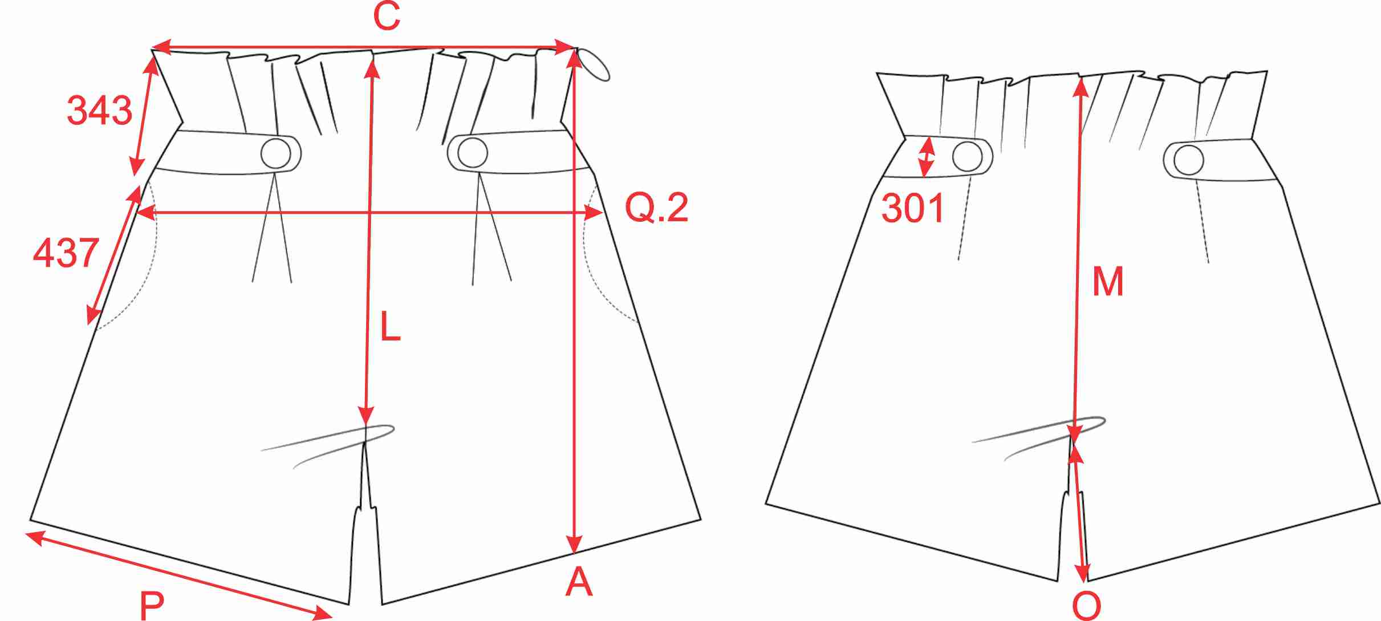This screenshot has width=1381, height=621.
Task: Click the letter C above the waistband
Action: pyautogui.click(x=387, y=17)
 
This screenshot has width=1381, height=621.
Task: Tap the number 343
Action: pyautogui.click(x=100, y=110)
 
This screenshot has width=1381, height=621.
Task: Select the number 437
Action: pyautogui.click(x=66, y=253)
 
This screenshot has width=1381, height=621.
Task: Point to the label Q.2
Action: pyautogui.click(x=657, y=207)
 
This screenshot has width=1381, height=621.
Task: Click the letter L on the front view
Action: pyautogui.click(x=391, y=327)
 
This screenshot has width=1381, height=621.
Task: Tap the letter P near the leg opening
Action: pyautogui.click(x=152, y=606)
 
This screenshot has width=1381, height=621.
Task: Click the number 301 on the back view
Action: pyautogui.click(x=913, y=208)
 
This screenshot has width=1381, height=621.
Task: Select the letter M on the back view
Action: pyautogui.click(x=1108, y=281)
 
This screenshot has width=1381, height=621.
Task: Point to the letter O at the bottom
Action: pyautogui.click(x=1087, y=606)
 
